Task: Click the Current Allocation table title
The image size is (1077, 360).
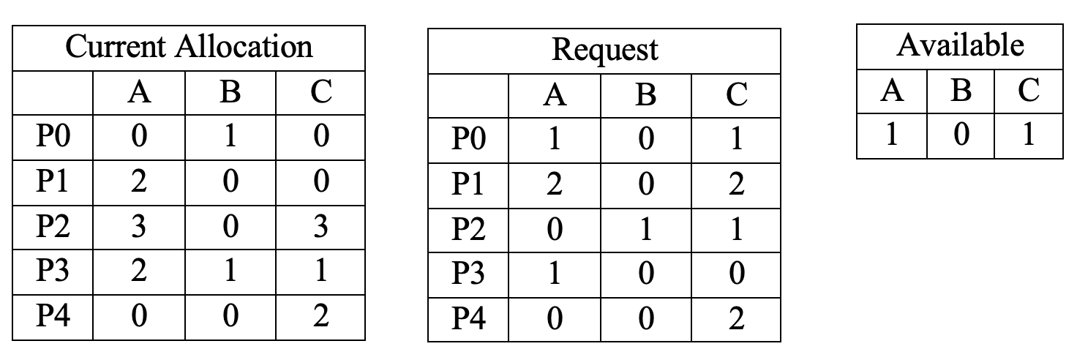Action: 189,48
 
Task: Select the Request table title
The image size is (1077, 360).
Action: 604,50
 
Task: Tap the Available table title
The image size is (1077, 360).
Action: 959,46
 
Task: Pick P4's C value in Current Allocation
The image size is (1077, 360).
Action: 320,317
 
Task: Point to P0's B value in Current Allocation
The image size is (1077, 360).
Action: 231,136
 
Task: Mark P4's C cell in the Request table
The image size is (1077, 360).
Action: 736,319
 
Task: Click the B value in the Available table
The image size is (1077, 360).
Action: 961,135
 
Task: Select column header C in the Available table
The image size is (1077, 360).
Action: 1028,90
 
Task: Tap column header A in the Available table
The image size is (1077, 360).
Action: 891,90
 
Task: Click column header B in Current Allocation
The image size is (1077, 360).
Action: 231,92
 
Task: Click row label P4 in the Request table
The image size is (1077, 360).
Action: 468,319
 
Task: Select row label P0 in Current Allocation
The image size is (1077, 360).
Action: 52,136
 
